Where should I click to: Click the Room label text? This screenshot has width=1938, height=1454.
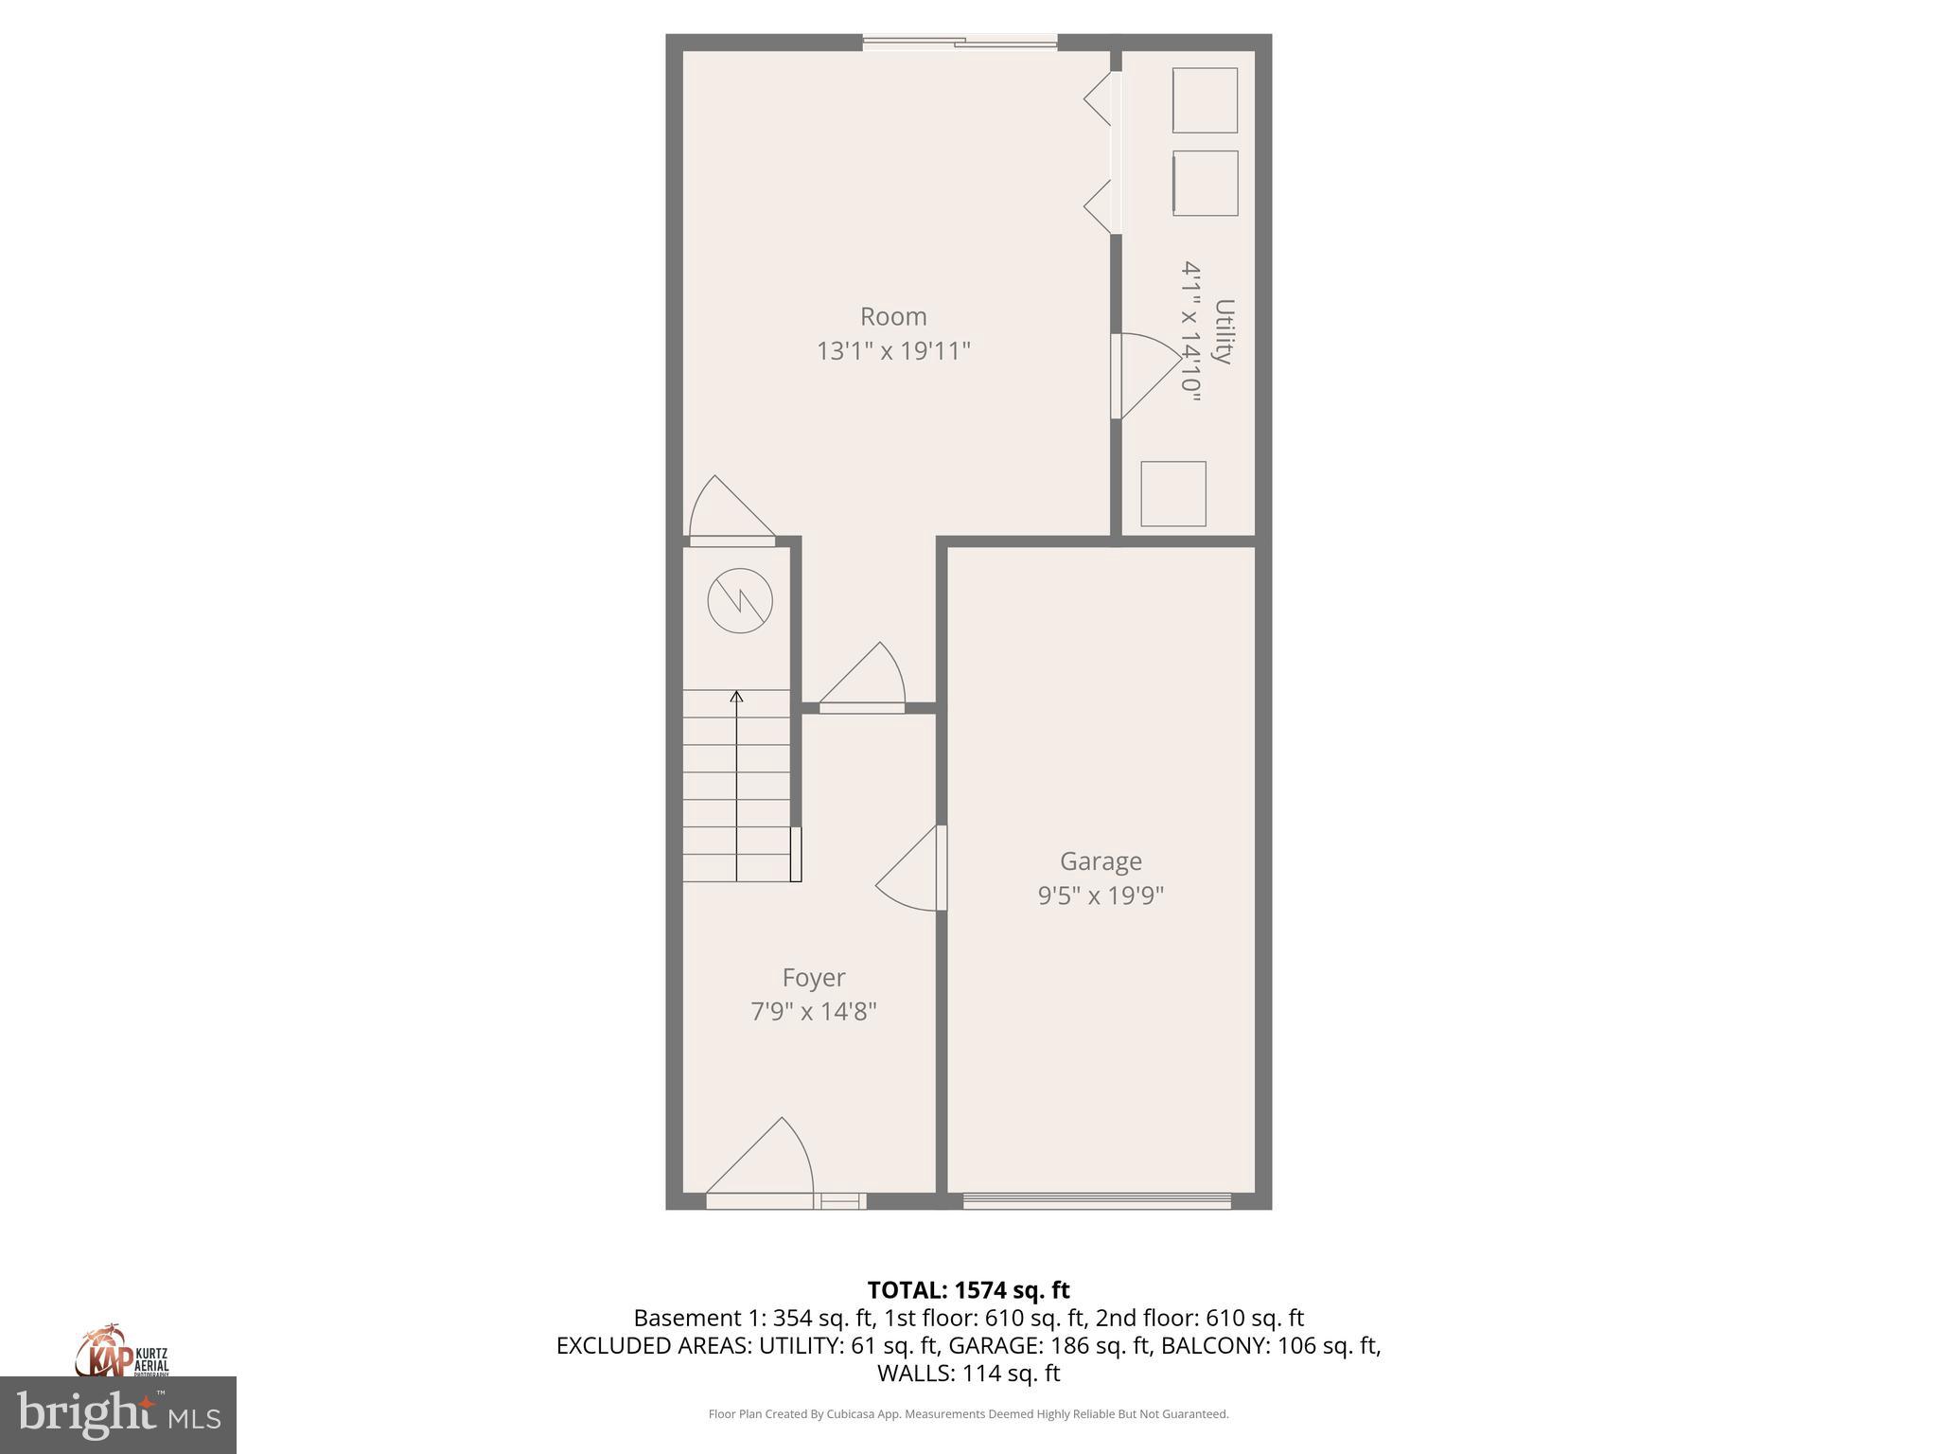click(x=892, y=316)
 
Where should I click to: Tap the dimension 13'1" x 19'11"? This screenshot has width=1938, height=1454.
click(x=893, y=351)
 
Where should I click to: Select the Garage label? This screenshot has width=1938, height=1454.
click(x=1101, y=861)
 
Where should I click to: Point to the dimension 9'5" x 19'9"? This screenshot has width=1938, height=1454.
click(x=1101, y=895)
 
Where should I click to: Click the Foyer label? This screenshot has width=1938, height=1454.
click(x=813, y=977)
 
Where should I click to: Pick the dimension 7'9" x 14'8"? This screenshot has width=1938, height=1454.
click(x=813, y=1012)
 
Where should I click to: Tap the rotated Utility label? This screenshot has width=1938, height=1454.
click(x=1224, y=331)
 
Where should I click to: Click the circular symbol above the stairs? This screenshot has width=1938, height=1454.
click(x=740, y=601)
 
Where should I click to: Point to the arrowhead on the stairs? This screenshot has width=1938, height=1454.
click(x=736, y=698)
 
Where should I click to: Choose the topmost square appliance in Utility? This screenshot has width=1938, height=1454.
click(x=1205, y=100)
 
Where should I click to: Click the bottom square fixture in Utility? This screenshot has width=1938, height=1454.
click(x=1172, y=493)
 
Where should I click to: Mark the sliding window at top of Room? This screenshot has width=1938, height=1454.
click(x=960, y=43)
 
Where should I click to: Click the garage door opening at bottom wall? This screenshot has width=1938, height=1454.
click(x=1097, y=1200)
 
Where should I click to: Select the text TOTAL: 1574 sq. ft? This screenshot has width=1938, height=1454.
click(x=968, y=1290)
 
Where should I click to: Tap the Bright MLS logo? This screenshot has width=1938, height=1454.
click(x=117, y=1414)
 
